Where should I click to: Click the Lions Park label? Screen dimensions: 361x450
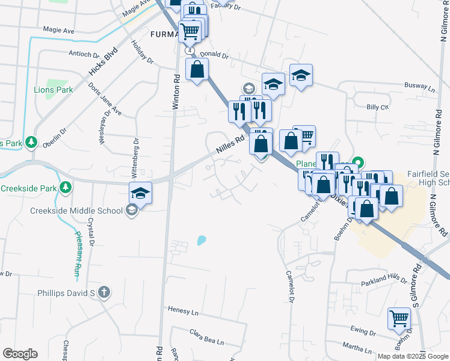click(x=53, y=90)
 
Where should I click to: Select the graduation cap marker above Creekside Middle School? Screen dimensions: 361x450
click(x=140, y=194)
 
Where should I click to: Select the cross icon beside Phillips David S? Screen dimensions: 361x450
click(x=104, y=293)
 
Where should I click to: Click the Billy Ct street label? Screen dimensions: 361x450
click(x=378, y=107)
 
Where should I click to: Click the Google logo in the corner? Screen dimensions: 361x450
click(x=20, y=354)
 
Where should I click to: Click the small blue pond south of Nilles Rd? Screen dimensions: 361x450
click(x=200, y=241)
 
